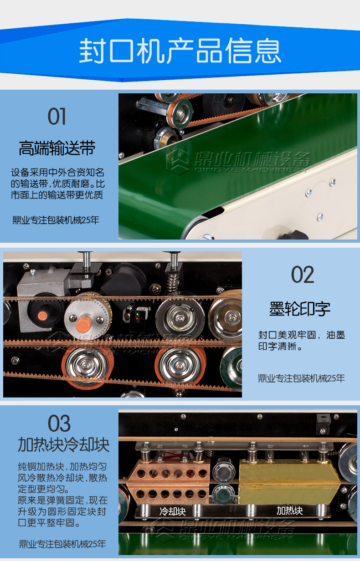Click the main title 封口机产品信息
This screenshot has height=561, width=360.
click(180, 51)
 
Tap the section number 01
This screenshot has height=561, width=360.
click(57, 116)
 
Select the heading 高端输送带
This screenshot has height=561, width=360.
click(57, 148)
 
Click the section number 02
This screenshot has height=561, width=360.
click(302, 275)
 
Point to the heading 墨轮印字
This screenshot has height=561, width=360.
click(300, 309)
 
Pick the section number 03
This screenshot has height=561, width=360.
click(59, 423)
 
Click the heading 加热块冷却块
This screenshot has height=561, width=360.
click(64, 445)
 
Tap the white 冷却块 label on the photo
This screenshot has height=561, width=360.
click(173, 511)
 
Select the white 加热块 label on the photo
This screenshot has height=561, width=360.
click(289, 510)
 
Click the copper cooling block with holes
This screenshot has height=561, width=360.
click(169, 482)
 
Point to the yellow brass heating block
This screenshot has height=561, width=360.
click(289, 482)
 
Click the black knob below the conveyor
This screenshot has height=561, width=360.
click(294, 235)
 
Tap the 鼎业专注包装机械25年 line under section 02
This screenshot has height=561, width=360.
click(301, 378)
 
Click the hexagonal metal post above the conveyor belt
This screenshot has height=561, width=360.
click(153, 105)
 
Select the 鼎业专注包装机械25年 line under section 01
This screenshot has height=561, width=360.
click(56, 220)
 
